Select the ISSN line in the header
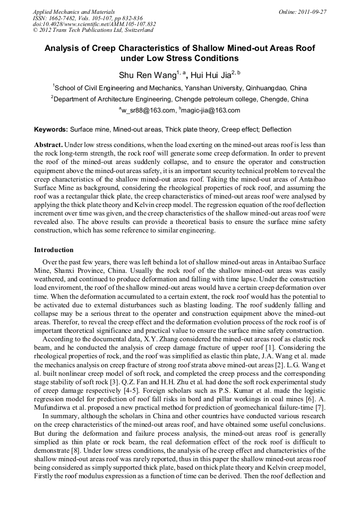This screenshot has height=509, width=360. click(88, 18)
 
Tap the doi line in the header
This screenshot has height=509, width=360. click(94, 24)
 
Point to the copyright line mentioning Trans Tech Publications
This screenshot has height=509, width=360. click(93, 30)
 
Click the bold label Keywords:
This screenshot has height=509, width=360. click(51, 130)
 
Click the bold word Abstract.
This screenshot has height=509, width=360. click(49, 145)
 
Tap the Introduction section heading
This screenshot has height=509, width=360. click(54, 249)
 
